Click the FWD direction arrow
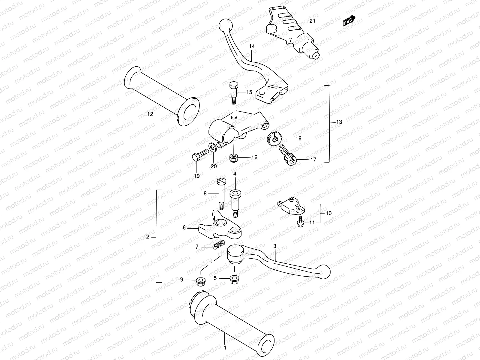[x=349, y=22]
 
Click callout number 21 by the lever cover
[x=312, y=21]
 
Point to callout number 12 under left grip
[x=150, y=114]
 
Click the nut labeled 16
[x=233, y=158]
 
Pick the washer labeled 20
[x=213, y=147]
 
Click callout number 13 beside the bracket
[x=331, y=122]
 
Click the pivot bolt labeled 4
[x=235, y=202]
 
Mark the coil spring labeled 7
[x=218, y=245]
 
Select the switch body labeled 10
[x=291, y=206]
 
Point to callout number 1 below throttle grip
[x=225, y=348]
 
